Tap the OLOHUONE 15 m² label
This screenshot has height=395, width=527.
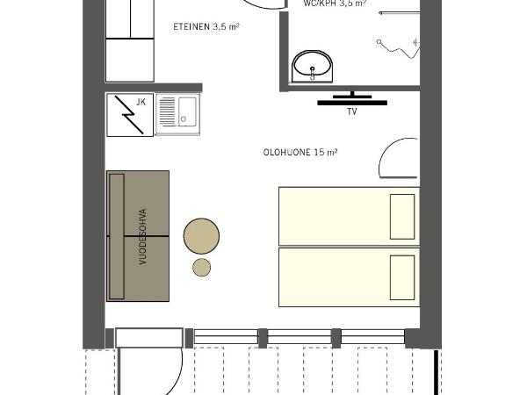pyautogui.click(x=300, y=152)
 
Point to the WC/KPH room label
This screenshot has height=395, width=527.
pyautogui.click(x=335, y=4)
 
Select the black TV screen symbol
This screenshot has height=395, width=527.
pyautogui.click(x=351, y=102)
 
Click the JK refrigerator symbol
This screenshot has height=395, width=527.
pyautogui.click(x=129, y=115)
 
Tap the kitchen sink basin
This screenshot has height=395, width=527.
pyautogui.click(x=188, y=112)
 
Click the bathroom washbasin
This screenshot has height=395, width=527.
pyautogui.click(x=312, y=65)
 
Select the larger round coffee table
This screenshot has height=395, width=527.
pyautogui.click(x=202, y=235)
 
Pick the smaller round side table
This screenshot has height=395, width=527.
pyautogui.click(x=202, y=267)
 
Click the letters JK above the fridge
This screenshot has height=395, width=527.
pyautogui.click(x=141, y=102)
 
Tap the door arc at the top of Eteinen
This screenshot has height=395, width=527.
pyautogui.click(x=263, y=5)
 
